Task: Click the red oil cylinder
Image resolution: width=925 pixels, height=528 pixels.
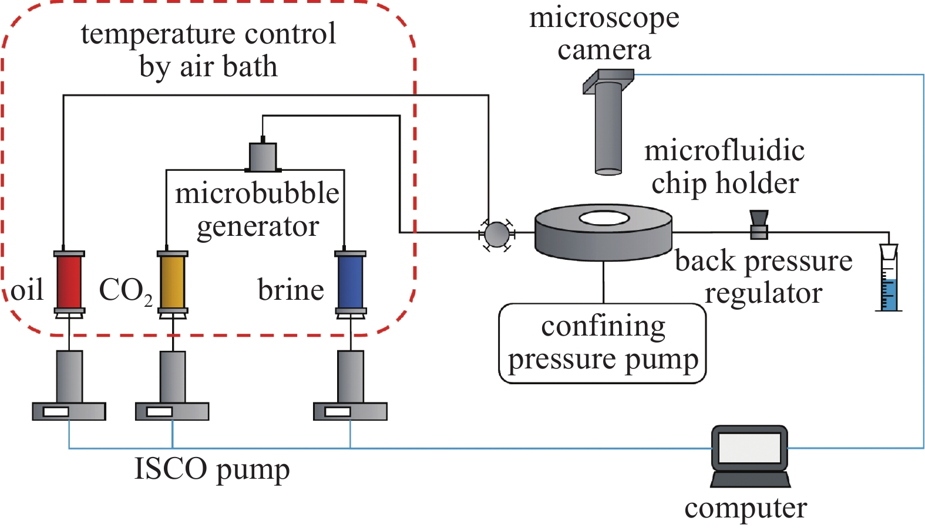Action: click(69, 282)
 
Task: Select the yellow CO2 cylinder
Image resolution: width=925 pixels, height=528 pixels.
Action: click(173, 282)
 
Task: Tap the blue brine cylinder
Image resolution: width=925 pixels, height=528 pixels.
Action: click(350, 282)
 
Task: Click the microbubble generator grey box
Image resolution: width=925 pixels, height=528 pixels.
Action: click(263, 156)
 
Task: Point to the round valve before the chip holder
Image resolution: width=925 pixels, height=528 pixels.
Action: click(497, 234)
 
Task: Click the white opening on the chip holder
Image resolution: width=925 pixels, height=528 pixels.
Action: click(604, 219)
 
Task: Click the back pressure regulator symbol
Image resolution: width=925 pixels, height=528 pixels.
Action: click(759, 225)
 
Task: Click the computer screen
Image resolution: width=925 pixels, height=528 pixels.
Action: click(749, 448)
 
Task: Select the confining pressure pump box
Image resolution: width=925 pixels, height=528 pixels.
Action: click(603, 343)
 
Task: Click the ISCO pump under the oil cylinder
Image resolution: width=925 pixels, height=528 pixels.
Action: click(69, 387)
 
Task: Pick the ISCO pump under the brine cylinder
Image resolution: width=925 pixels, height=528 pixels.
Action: click(350, 387)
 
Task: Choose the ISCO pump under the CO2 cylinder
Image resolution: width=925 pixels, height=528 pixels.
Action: click(173, 387)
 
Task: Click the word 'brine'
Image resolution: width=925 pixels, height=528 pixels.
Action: click(291, 290)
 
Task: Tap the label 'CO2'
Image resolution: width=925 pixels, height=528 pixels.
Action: click(125, 290)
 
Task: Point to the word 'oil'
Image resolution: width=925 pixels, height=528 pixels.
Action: click(27, 290)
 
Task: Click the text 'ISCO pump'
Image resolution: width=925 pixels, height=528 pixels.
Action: click(212, 469)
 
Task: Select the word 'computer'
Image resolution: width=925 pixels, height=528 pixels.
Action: click(745, 509)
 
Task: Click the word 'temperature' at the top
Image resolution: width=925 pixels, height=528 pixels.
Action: click(159, 34)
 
